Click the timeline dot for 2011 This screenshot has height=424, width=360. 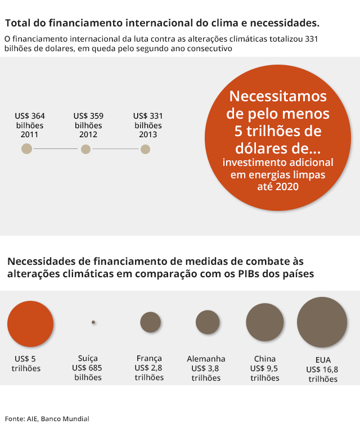[26, 149]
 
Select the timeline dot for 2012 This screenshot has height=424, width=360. [85, 149]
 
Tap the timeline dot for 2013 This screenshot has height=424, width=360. [145, 149]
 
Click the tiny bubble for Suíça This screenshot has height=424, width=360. [93, 322]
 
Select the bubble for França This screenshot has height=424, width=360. [150, 322]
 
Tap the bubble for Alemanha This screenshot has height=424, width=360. [207, 322]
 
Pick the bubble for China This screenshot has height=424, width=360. [265, 322]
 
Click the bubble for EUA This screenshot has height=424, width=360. [322, 322]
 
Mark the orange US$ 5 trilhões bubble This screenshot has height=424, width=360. [30, 323]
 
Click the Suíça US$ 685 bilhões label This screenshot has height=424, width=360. [88, 368]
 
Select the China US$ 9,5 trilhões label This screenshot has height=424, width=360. [264, 368]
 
